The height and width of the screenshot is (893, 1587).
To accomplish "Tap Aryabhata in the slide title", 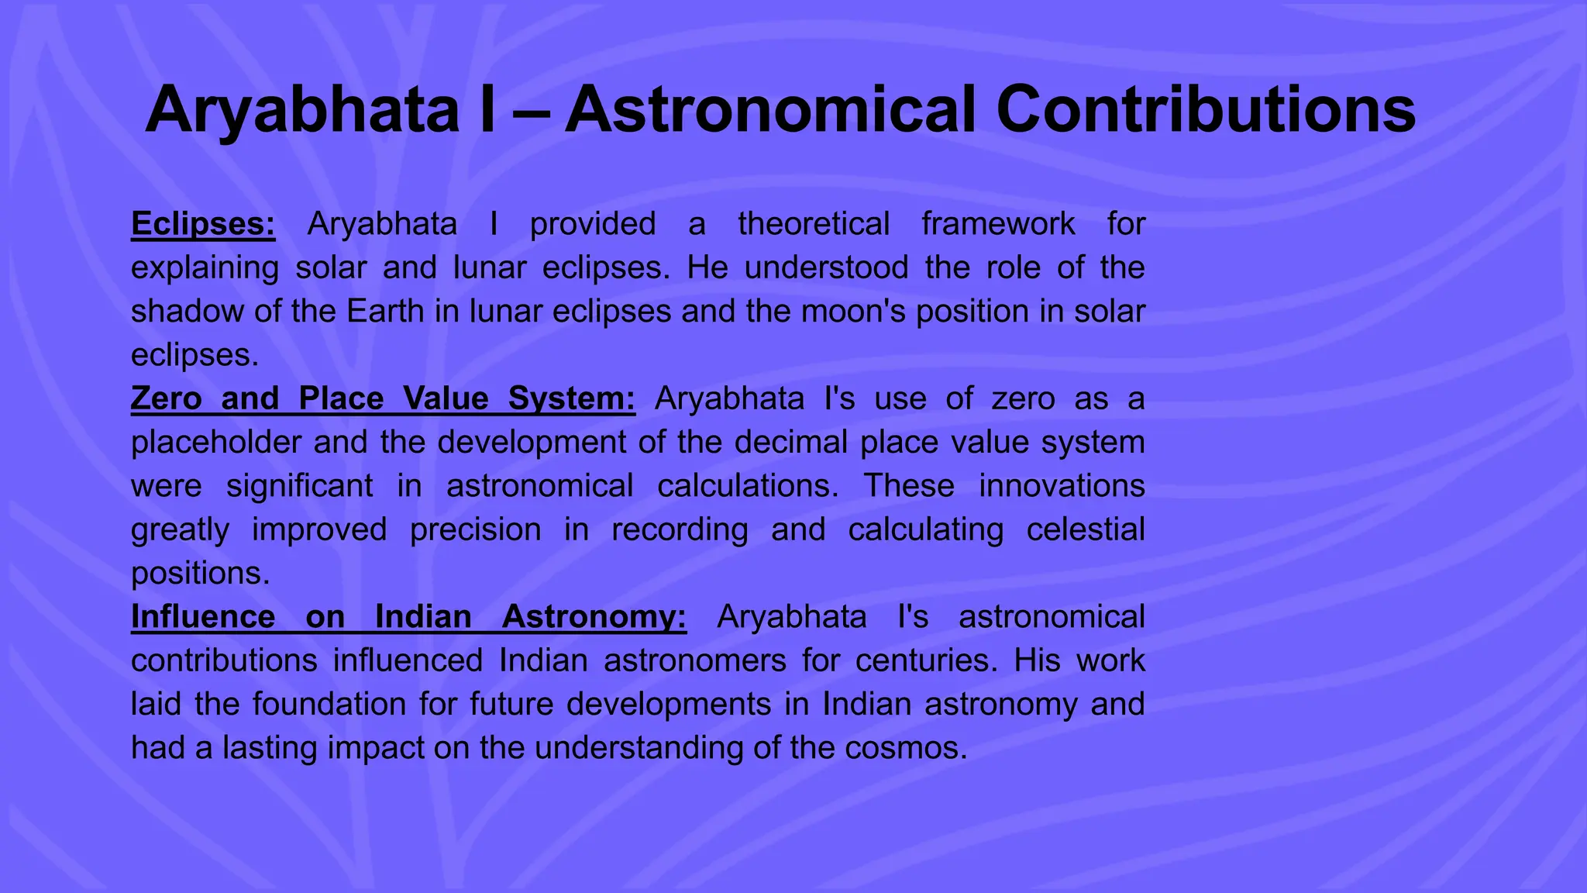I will (302, 110).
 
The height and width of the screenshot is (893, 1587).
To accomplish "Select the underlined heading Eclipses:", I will (203, 224).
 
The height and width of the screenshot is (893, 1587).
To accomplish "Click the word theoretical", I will (814, 224).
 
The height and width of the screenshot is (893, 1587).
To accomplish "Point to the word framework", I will (998, 224).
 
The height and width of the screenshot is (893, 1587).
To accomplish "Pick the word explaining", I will (205, 268).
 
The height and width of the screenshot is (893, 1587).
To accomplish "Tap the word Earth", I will (385, 312).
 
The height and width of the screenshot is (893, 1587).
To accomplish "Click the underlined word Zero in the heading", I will (166, 398).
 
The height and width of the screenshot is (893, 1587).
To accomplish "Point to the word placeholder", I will (216, 443).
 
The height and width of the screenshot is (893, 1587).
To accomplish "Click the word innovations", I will (1062, 486).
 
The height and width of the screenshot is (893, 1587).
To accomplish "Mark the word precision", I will (475, 530).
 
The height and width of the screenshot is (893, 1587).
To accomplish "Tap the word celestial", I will (1086, 530).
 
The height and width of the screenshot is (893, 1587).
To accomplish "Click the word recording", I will (680, 530).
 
